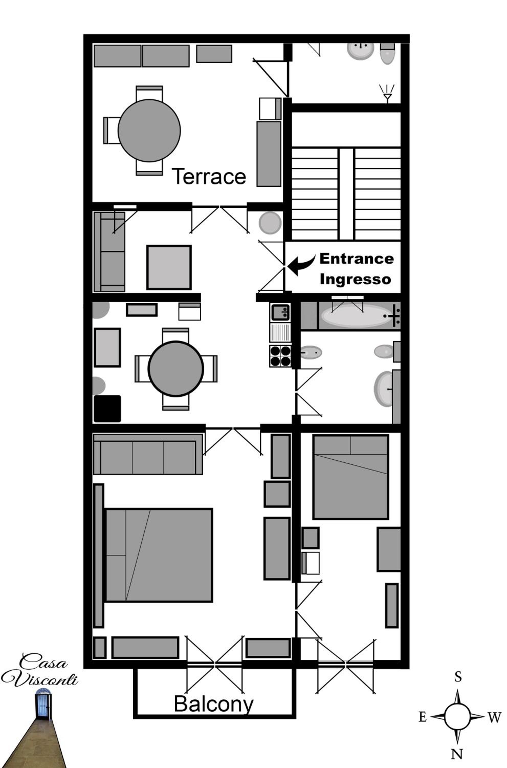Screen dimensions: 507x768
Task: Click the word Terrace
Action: pos(209,176)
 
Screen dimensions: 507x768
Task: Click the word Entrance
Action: pos(357,259)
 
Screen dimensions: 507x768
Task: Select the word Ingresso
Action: pos(355,280)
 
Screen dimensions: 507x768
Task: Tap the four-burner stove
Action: pos(280,356)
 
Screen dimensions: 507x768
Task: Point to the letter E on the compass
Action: pos(423,717)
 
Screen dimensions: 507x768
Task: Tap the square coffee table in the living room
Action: pos(169,267)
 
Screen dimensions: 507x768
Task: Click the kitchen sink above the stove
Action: pos(280,312)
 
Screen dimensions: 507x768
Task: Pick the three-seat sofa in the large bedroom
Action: pos(148,454)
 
